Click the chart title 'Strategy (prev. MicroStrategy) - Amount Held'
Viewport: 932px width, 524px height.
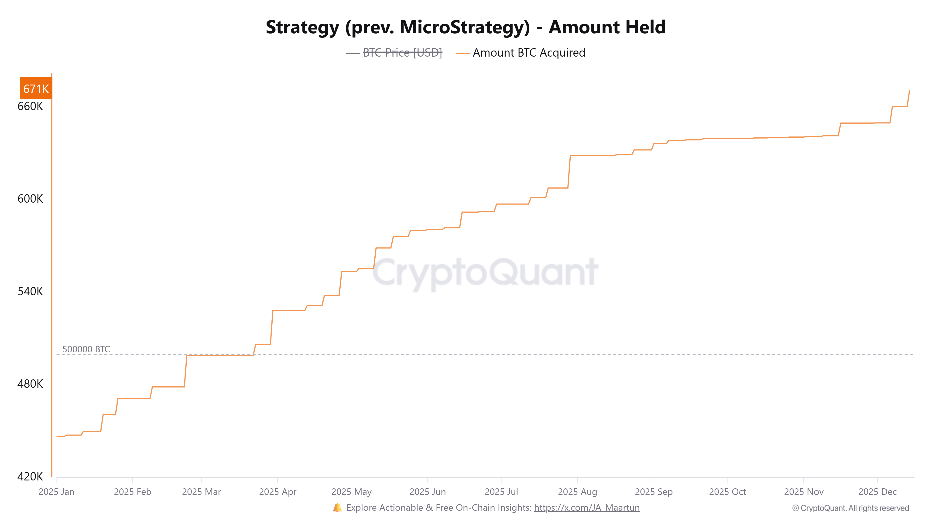pyautogui.click(x=466, y=27)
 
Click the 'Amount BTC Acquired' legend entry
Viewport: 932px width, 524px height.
pyautogui.click(x=529, y=53)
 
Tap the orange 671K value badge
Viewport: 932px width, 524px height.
pyautogui.click(x=36, y=88)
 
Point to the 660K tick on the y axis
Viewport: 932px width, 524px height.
pyautogui.click(x=30, y=106)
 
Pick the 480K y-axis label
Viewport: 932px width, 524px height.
pyautogui.click(x=30, y=384)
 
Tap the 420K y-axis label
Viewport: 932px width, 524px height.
pyautogui.click(x=30, y=476)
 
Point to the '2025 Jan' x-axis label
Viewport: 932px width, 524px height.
pyautogui.click(x=56, y=492)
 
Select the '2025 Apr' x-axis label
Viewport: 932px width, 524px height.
pyautogui.click(x=278, y=492)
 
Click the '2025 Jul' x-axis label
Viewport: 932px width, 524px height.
pyautogui.click(x=501, y=492)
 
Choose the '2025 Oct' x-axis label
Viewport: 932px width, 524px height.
pyautogui.click(x=727, y=492)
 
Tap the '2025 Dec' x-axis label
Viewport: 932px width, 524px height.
pyautogui.click(x=877, y=492)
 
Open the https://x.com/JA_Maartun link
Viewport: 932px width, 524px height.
pyautogui.click(x=586, y=508)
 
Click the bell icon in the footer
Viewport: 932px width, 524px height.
pyautogui.click(x=337, y=508)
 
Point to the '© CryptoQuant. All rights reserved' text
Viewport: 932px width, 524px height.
pyautogui.click(x=850, y=508)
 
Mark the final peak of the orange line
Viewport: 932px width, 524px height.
pyautogui.click(x=909, y=91)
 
